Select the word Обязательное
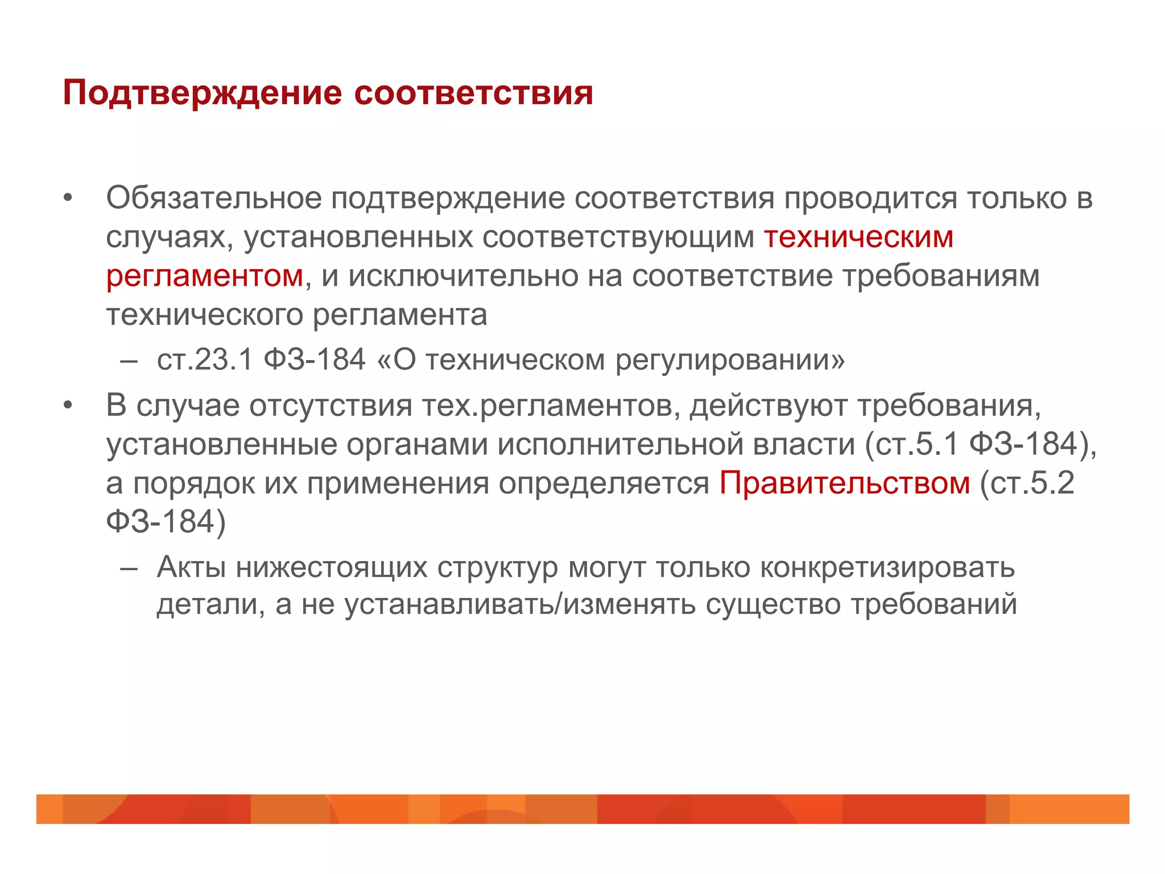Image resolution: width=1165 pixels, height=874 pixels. click(214, 199)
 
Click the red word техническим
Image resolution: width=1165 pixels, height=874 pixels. click(858, 237)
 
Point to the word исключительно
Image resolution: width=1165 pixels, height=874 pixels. click(463, 276)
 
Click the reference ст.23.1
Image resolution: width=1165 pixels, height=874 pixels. click(205, 360)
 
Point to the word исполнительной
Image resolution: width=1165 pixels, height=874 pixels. click(621, 444)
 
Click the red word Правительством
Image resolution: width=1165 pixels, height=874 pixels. click(845, 483)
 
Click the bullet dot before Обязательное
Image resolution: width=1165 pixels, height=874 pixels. click(68, 199)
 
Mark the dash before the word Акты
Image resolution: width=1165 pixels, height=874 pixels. click(129, 568)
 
